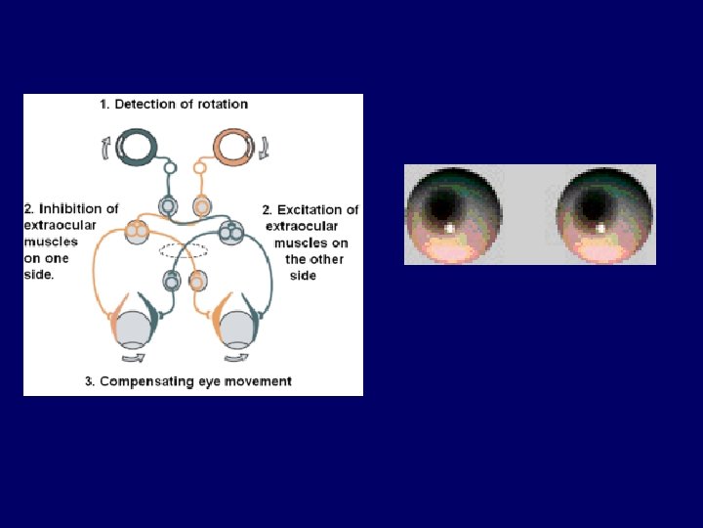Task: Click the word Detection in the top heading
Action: [149, 104]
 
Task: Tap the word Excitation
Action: [311, 209]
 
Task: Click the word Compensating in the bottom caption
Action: [149, 381]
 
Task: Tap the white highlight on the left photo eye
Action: [449, 229]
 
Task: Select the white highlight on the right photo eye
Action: [599, 229]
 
